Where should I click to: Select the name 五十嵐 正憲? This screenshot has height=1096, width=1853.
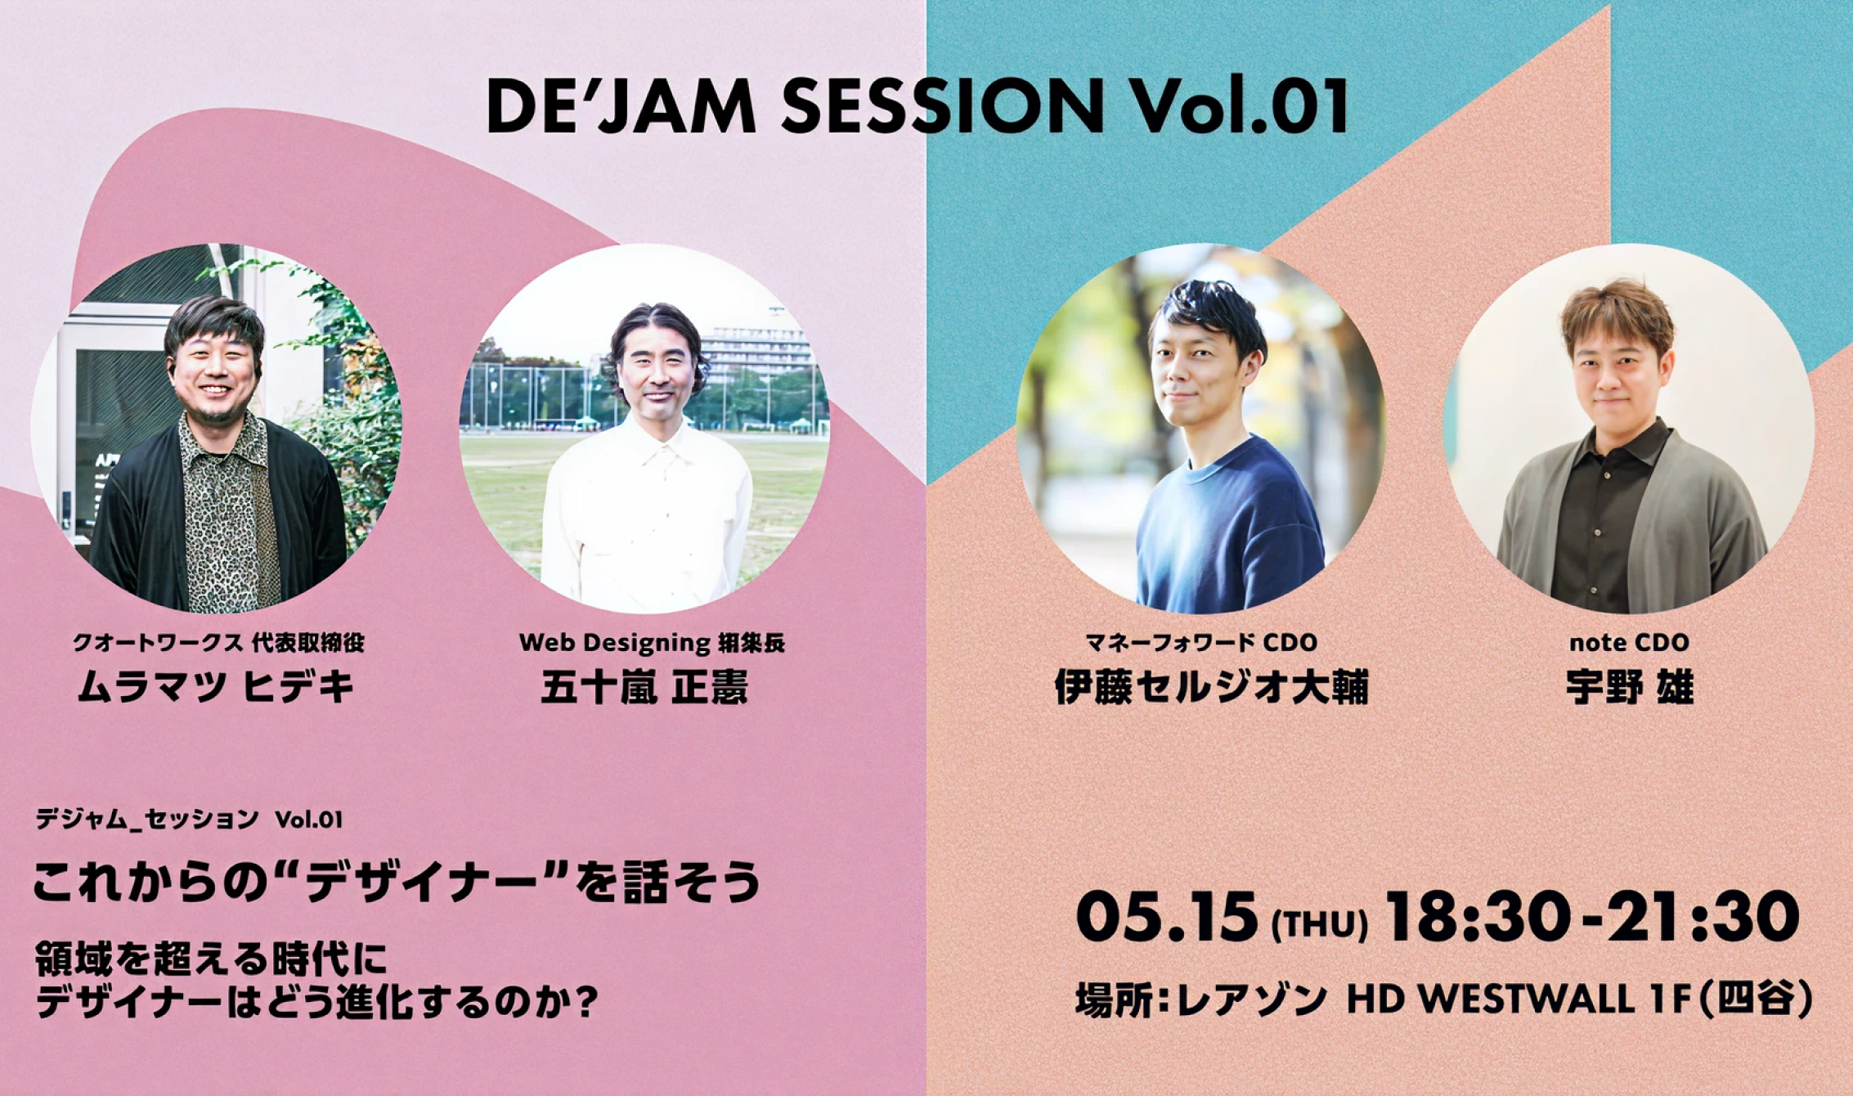pyautogui.click(x=644, y=687)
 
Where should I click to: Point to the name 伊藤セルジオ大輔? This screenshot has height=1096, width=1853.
pyautogui.click(x=1211, y=687)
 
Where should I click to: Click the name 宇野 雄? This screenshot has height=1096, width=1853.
pyautogui.click(x=1629, y=687)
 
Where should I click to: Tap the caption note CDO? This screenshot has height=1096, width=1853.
pyautogui.click(x=1629, y=643)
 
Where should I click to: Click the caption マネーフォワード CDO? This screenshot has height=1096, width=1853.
pyautogui.click(x=1201, y=643)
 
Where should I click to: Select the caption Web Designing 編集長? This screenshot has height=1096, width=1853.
pyautogui.click(x=652, y=643)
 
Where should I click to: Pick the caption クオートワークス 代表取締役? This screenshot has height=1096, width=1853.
pyautogui.click(x=218, y=643)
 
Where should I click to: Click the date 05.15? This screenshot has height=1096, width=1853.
pyautogui.click(x=1167, y=917)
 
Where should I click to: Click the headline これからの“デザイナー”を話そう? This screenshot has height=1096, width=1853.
pyautogui.click(x=396, y=883)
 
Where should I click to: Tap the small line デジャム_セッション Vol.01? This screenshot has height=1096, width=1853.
pyautogui.click(x=188, y=819)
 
